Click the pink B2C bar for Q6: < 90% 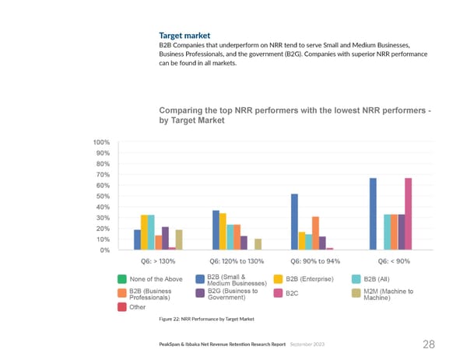click(408, 214)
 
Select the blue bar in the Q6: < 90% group click(373, 214)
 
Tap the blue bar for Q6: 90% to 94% click(294, 222)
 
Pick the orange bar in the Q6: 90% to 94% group click(315, 233)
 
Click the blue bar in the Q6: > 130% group click(137, 239)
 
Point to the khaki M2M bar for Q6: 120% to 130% click(258, 244)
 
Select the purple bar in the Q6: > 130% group click(165, 238)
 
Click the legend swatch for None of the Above click(122, 280)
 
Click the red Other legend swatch click(122, 307)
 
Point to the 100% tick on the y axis click(100, 142)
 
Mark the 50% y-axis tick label click(102, 196)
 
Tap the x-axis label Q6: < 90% click(394, 261)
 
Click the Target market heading click(181, 36)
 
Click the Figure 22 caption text click(206, 320)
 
